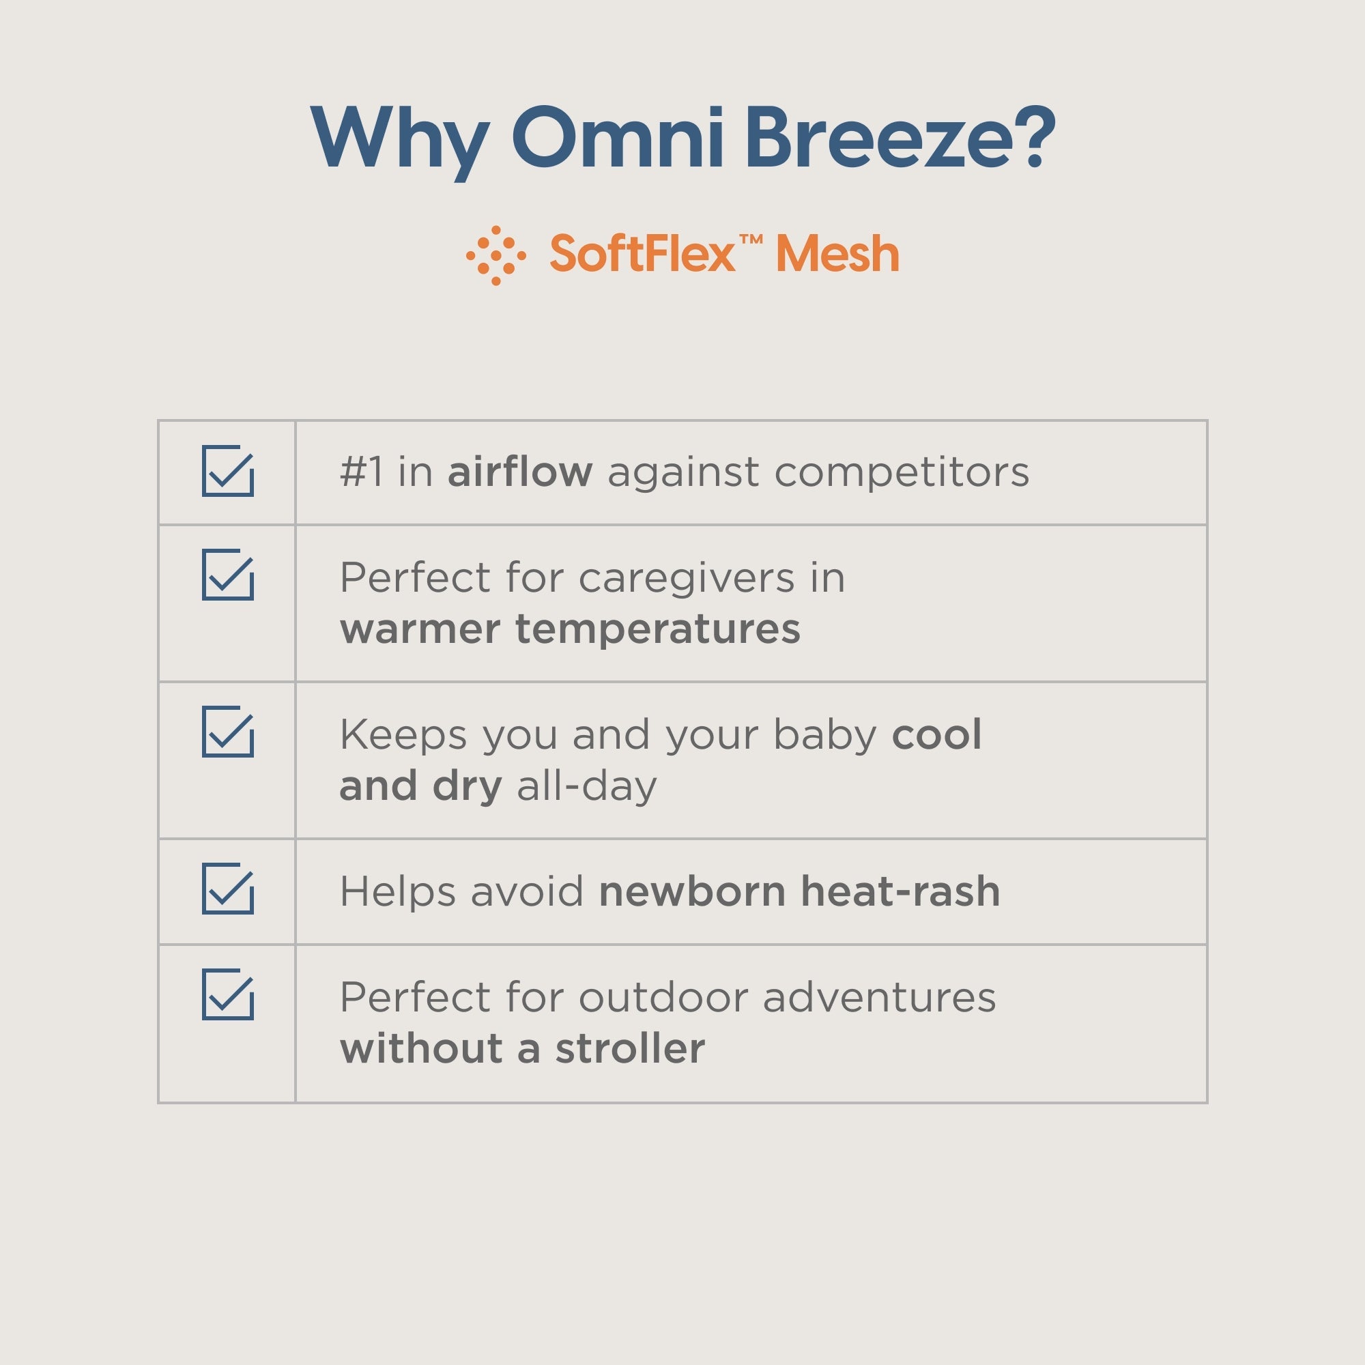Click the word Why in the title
pyautogui.click(x=400, y=139)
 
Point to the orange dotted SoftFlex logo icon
pyautogui.click(x=496, y=255)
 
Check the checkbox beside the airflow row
pyautogui.click(x=227, y=471)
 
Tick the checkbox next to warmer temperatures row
pyautogui.click(x=227, y=575)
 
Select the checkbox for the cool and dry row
pyautogui.click(x=227, y=731)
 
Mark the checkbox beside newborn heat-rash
pyautogui.click(x=227, y=888)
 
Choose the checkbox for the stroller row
pyautogui.click(x=227, y=994)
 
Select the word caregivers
pyautogui.click(x=687, y=579)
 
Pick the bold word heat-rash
pyautogui.click(x=900, y=891)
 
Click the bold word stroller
pyautogui.click(x=629, y=1048)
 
